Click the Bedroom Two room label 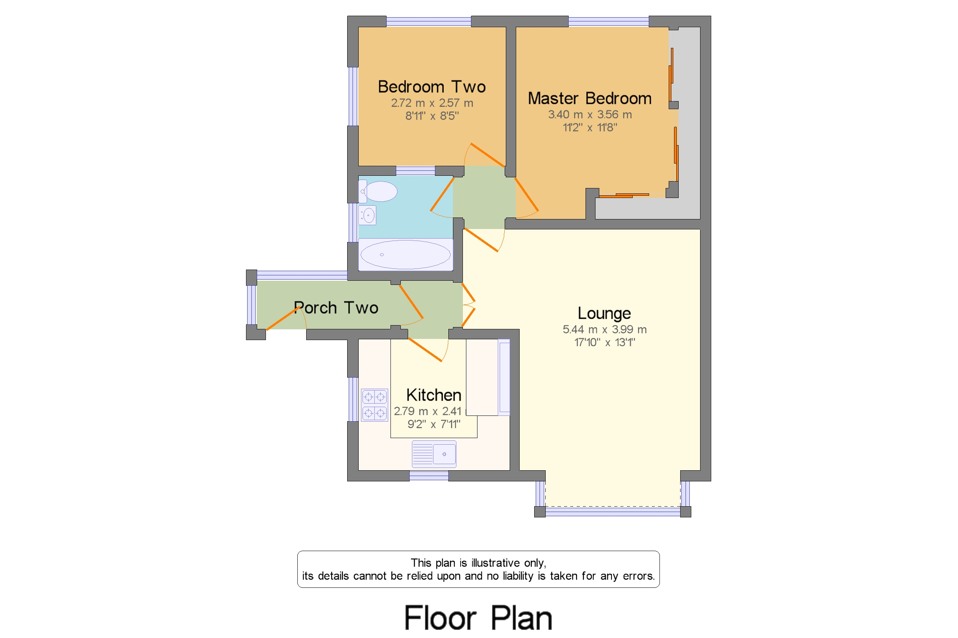431,87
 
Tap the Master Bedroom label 589,98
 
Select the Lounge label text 604,314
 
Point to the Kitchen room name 434,395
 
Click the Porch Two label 336,308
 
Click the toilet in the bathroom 377,191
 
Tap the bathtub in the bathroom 405,255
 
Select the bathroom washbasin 367,215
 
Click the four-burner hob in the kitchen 374,405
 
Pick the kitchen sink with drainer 434,454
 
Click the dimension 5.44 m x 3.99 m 605,330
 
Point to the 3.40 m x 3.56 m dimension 590,115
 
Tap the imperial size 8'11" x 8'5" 432,116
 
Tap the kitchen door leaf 425,350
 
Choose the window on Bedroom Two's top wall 429,21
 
